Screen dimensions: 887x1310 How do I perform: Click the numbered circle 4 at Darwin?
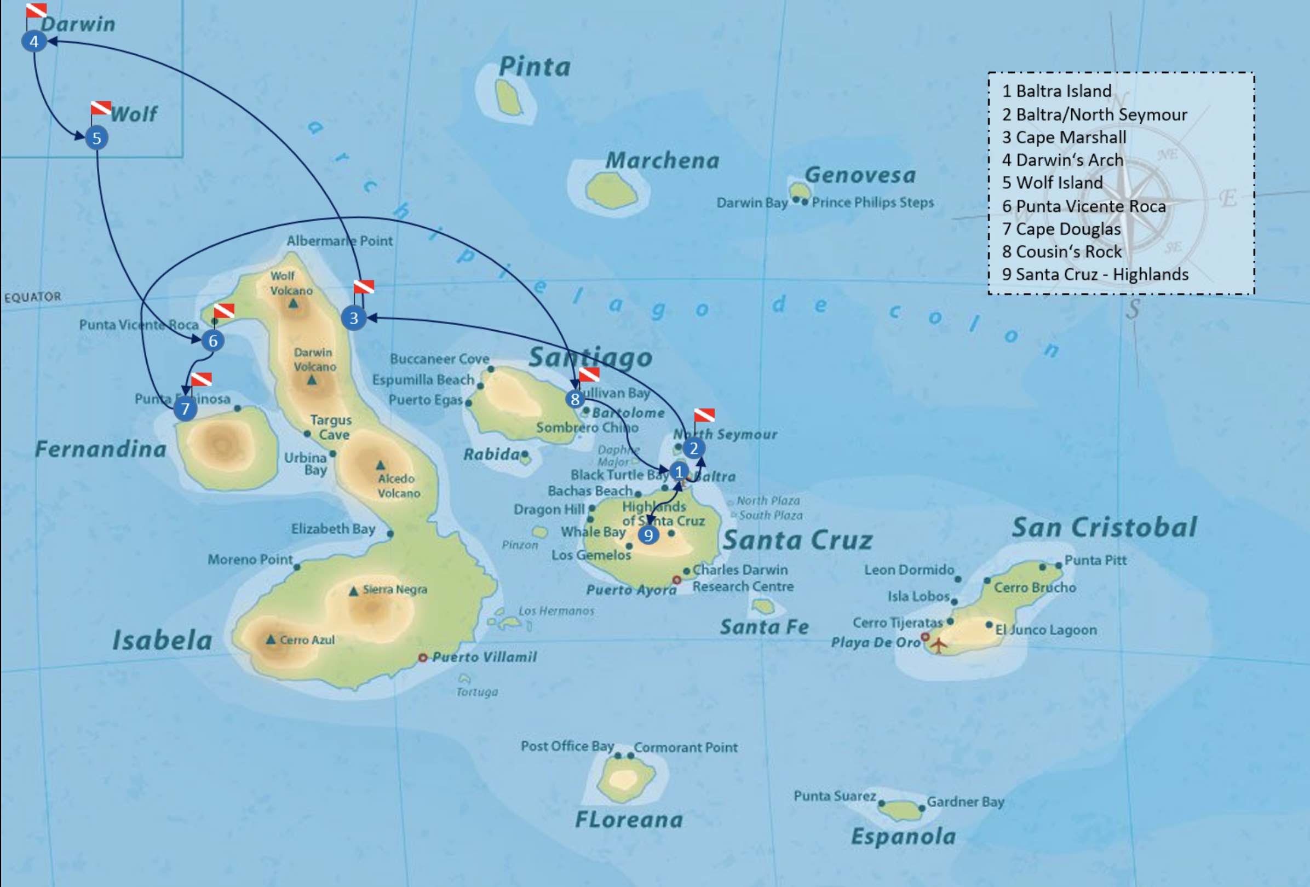[34, 41]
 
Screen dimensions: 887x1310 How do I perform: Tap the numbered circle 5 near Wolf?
[96, 138]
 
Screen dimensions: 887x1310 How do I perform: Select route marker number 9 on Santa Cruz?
[648, 535]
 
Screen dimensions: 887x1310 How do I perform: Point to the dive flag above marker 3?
[364, 287]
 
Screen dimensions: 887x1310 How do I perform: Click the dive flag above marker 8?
[589, 374]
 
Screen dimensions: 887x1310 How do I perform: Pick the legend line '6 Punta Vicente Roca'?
[1083, 206]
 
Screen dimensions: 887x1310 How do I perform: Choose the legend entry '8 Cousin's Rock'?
[1061, 251]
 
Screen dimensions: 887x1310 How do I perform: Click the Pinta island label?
[535, 67]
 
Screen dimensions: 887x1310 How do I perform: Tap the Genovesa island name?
[860, 175]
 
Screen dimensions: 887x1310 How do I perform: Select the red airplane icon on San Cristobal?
[938, 644]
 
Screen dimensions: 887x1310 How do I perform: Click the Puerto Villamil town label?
[484, 657]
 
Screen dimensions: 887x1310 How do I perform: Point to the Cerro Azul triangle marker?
[271, 640]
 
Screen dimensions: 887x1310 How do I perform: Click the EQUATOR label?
[33, 297]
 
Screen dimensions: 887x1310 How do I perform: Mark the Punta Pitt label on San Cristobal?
[1095, 560]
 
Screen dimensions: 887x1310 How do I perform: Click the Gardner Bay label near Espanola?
[965, 802]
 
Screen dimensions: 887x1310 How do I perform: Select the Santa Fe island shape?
[763, 606]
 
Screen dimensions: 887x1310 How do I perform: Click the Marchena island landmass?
[611, 191]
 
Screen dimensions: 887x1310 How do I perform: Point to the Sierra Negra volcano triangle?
[353, 591]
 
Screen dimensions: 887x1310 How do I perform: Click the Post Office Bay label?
[567, 746]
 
